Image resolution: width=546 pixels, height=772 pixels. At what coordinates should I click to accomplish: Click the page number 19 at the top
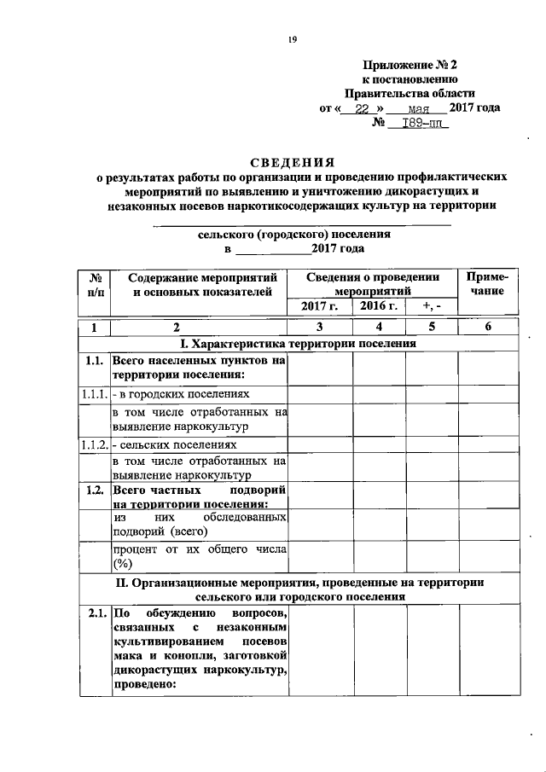click(x=291, y=39)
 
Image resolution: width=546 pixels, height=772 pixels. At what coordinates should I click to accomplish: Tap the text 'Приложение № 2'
click(x=410, y=64)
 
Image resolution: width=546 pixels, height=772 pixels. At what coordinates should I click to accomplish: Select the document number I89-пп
click(x=418, y=123)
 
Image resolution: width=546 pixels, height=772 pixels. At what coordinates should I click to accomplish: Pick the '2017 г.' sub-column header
click(x=319, y=306)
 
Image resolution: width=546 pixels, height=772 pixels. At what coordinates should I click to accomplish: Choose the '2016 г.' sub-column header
click(x=378, y=306)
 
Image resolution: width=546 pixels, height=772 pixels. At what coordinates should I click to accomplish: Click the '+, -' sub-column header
click(x=432, y=306)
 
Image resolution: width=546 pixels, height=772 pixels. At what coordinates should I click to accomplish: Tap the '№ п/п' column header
click(x=96, y=285)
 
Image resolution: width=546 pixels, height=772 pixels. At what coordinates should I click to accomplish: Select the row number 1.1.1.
click(x=94, y=395)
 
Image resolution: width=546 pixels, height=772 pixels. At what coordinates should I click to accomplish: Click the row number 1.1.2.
click(x=94, y=445)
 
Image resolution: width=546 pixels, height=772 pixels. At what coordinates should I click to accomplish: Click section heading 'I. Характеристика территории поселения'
click(x=298, y=344)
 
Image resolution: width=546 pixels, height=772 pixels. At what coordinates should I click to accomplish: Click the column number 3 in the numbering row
click(x=319, y=328)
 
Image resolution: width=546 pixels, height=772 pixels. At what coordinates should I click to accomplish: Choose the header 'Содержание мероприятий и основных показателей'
click(x=199, y=285)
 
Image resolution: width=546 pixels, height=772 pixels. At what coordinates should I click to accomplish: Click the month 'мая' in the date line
click(x=417, y=108)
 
